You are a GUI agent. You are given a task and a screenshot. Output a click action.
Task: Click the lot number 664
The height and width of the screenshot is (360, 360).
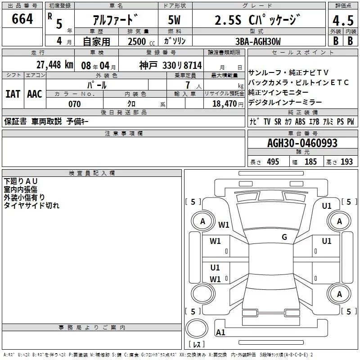pyautogui.click(x=22, y=19)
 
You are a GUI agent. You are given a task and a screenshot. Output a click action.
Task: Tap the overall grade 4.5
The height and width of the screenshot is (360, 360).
pyautogui.click(x=343, y=20)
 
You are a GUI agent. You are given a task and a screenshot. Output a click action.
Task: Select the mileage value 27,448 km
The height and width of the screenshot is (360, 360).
pyautogui.click(x=54, y=65)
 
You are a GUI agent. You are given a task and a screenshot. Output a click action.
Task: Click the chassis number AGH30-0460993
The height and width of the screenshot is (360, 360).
pyautogui.click(x=302, y=143)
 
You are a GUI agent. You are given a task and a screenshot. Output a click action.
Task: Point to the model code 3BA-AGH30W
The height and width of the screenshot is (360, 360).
pyautogui.click(x=258, y=41)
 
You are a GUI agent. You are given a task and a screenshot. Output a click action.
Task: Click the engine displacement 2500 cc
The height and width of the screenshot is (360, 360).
pyautogui.click(x=141, y=41)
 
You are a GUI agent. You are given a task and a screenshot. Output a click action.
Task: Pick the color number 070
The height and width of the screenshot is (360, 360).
pyautogui.click(x=75, y=104)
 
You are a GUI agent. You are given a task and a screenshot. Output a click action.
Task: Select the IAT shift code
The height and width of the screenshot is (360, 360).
pyautogui.click(x=13, y=94)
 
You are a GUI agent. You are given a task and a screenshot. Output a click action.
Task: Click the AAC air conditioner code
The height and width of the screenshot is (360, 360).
pyautogui.click(x=35, y=94)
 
